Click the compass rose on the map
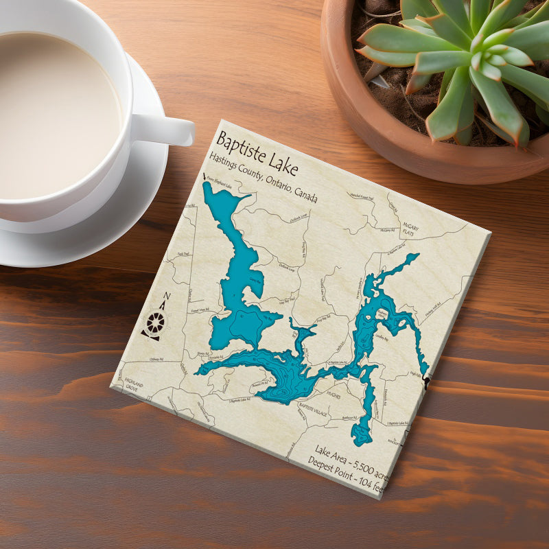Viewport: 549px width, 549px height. pos(156,322)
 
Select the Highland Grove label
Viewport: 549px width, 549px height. pos(134,386)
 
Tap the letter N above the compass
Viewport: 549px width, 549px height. pos(167,297)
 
